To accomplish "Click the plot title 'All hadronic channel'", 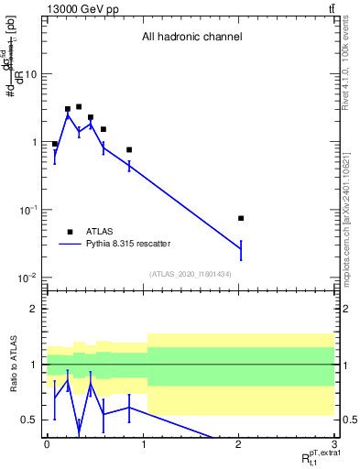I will click(191, 38).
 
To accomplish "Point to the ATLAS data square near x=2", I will click(241, 218).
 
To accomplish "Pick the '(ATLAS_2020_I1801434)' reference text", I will click(191, 274).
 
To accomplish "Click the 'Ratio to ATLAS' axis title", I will click(13, 364).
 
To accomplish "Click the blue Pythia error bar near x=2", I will click(241, 249).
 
